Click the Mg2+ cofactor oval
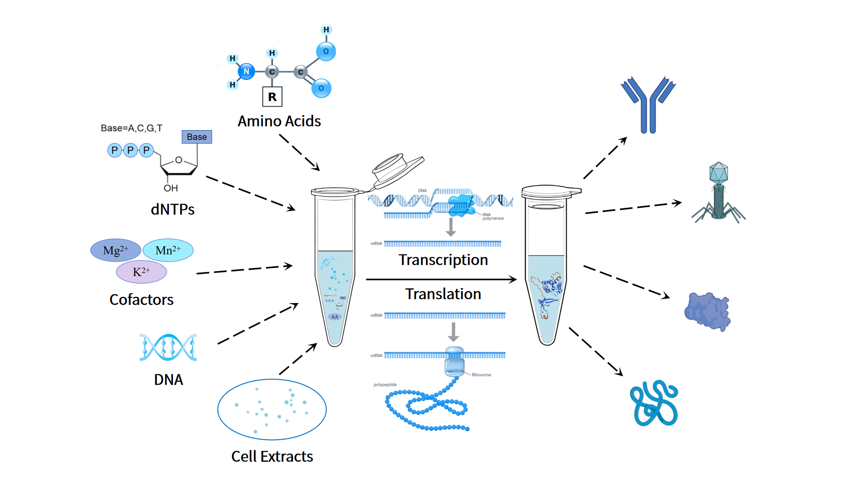click(116, 250)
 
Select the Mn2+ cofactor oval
click(168, 250)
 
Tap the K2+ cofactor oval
click(141, 272)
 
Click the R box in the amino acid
click(272, 97)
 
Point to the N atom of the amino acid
click(246, 71)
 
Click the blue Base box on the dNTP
click(197, 137)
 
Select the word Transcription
click(443, 260)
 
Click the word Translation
click(443, 294)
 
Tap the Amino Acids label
click(279, 121)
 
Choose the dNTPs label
click(172, 209)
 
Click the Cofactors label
click(141, 300)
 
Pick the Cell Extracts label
click(272, 456)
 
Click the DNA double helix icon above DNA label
click(168, 347)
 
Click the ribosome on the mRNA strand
click(454, 361)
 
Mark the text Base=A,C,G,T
click(131, 128)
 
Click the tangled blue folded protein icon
click(654, 404)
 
